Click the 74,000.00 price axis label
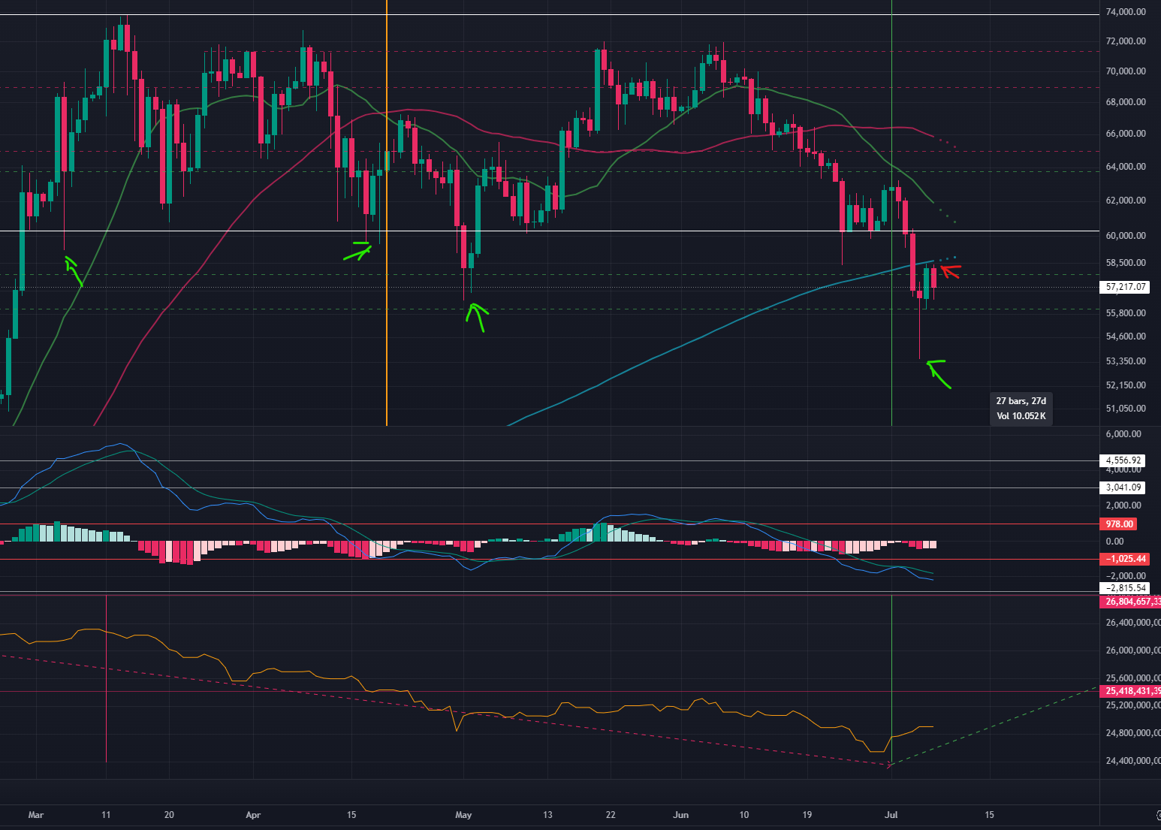pos(1126,12)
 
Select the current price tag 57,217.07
pos(1126,287)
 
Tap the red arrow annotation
pos(950,270)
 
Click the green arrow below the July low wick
pos(939,373)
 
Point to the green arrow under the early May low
pos(477,316)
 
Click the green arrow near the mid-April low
pos(357,251)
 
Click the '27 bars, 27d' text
pos(1021,401)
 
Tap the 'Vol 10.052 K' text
pos(1021,416)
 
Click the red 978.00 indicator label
pos(1119,524)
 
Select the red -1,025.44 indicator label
pos(1124,559)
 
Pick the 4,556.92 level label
pos(1124,460)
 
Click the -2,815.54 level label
pos(1124,588)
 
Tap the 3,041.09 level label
pos(1124,487)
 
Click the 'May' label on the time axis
pos(463,815)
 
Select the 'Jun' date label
pos(680,815)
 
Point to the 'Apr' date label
pos(253,815)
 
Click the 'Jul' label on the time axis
pos(891,815)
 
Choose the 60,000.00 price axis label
pos(1126,235)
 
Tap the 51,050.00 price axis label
pos(1126,409)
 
